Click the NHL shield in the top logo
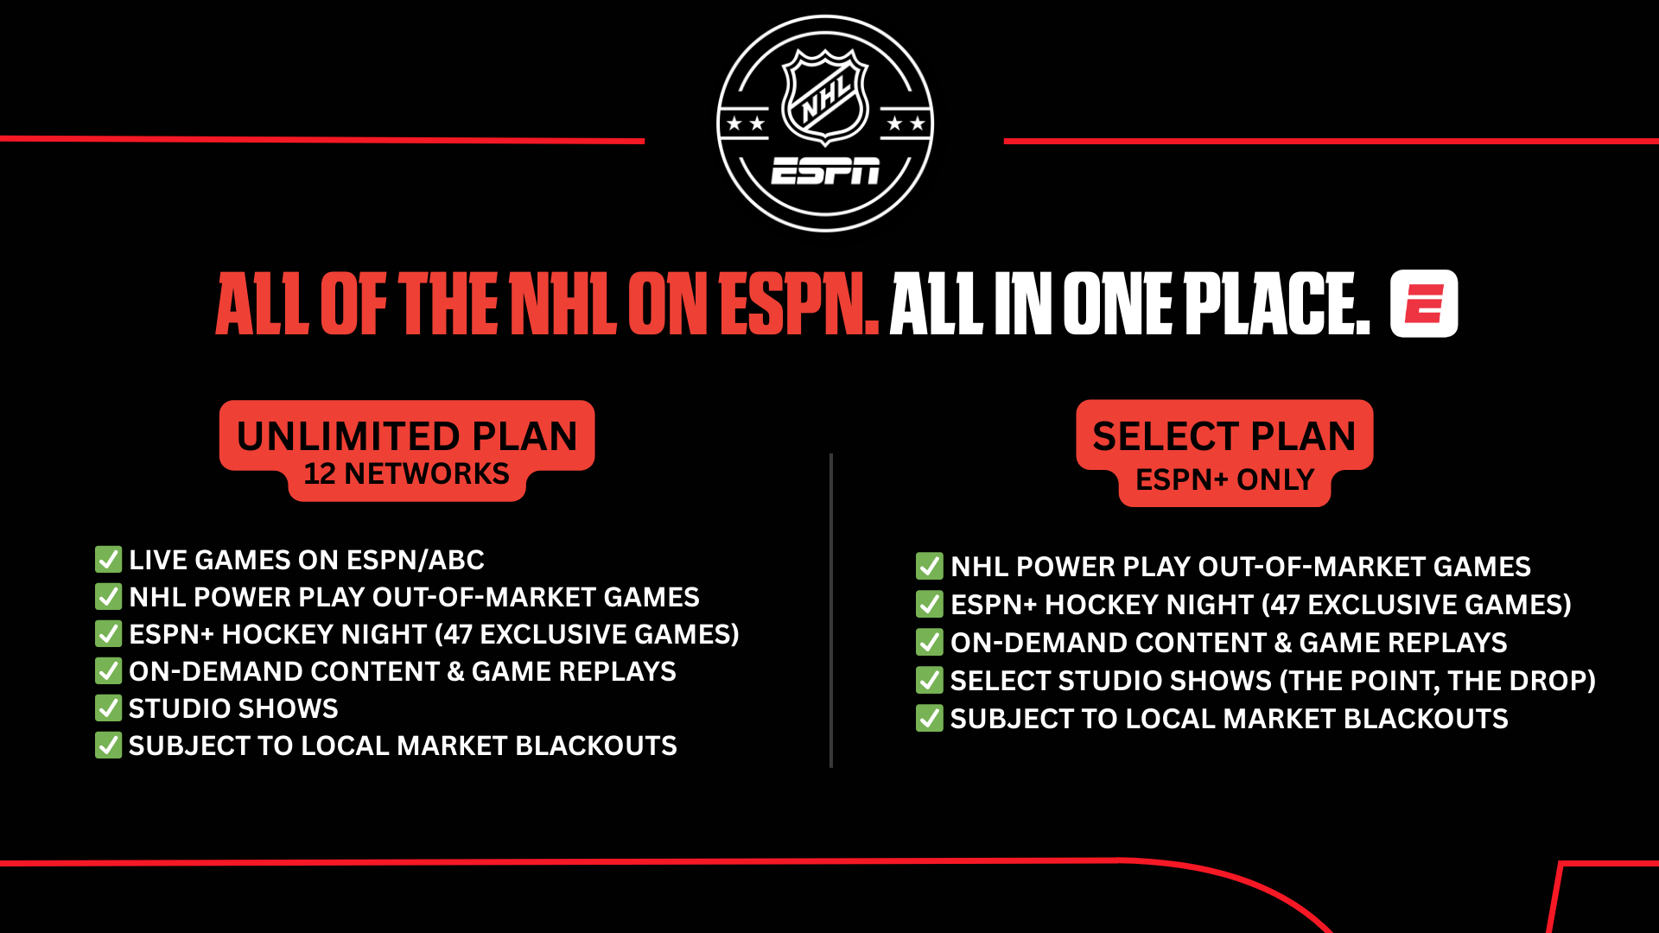tap(825, 96)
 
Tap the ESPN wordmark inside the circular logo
tap(825, 171)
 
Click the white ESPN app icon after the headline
tap(1424, 303)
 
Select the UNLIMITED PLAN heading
tap(407, 436)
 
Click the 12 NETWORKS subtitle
tap(407, 474)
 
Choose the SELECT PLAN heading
tap(1224, 436)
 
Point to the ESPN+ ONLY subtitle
tap(1224, 479)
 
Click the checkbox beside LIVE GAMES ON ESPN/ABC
tap(108, 559)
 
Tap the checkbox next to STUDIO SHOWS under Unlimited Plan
tap(108, 708)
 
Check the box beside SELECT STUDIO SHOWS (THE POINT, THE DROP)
tap(930, 680)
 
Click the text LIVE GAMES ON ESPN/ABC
tap(307, 560)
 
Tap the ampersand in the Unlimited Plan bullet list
tap(455, 671)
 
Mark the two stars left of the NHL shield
tap(746, 124)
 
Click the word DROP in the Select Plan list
tap(1542, 681)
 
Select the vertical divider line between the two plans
tap(831, 610)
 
